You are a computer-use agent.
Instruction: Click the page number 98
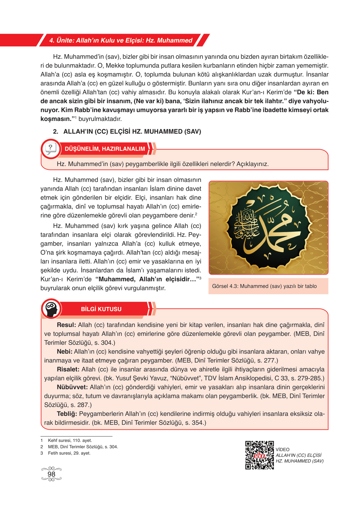51,474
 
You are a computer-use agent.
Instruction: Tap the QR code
259,455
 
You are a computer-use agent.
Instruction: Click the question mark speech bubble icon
50,149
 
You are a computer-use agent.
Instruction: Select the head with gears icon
51,309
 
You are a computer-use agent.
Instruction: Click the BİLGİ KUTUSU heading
101,309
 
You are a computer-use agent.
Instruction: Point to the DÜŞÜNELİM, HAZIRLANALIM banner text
105,149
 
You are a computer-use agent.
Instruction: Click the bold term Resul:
66,325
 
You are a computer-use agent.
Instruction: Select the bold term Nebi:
64,352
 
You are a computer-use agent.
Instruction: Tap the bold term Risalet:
68,370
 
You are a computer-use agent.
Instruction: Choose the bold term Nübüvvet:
72,387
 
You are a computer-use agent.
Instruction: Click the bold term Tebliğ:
67,414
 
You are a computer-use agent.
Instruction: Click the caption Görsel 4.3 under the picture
264,286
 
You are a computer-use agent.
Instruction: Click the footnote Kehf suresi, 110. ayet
70,441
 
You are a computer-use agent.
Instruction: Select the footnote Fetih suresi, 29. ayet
69,453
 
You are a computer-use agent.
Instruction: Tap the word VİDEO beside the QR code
283,450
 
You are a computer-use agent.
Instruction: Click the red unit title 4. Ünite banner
121,40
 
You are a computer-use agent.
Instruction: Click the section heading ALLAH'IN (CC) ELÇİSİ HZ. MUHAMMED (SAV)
132,132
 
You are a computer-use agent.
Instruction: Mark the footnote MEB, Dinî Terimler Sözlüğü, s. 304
83,447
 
